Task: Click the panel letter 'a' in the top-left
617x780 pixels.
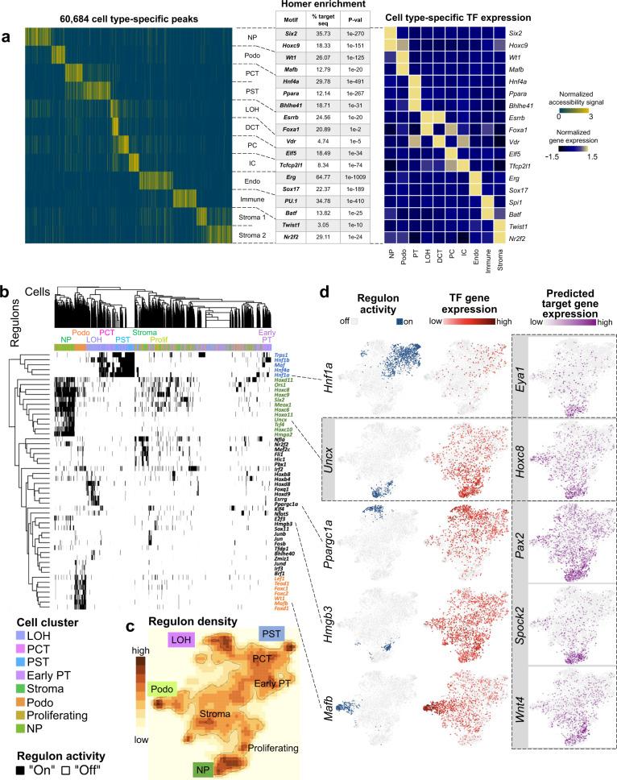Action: pyautogui.click(x=7, y=37)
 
